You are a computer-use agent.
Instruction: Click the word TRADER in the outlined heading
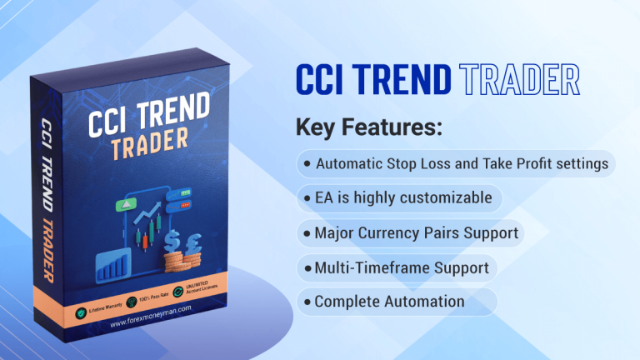[519, 80]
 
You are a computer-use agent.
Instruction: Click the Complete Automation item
[389, 302]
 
